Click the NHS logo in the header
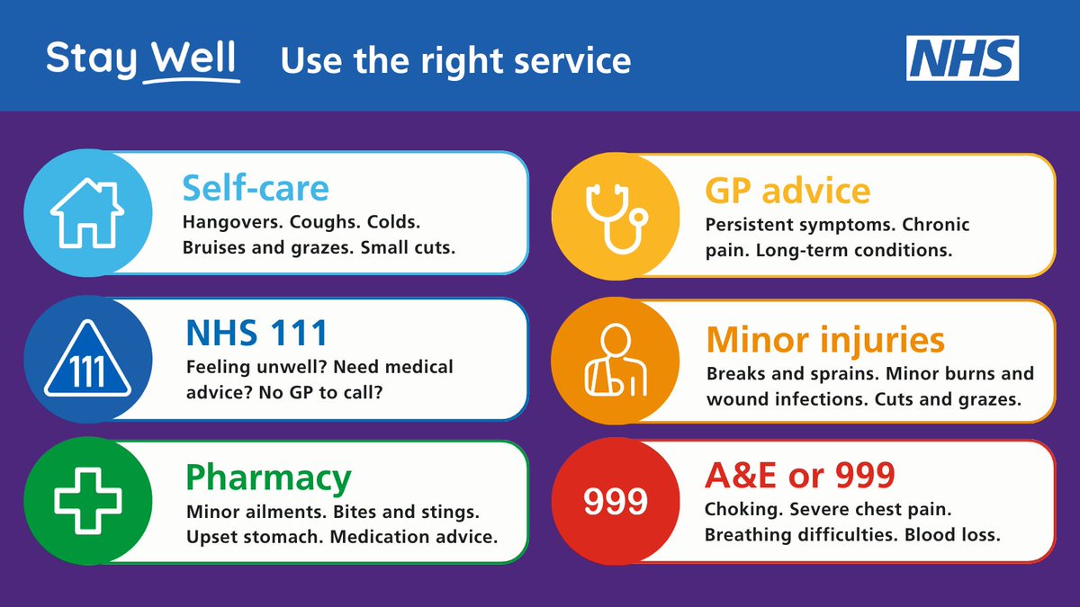tap(962, 58)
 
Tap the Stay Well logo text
tap(142, 60)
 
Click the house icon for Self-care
tap(86, 213)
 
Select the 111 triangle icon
tap(87, 362)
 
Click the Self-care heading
tap(256, 189)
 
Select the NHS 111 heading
tap(256, 334)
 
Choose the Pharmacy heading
tap(268, 478)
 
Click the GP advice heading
tap(787, 191)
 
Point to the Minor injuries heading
tap(825, 340)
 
